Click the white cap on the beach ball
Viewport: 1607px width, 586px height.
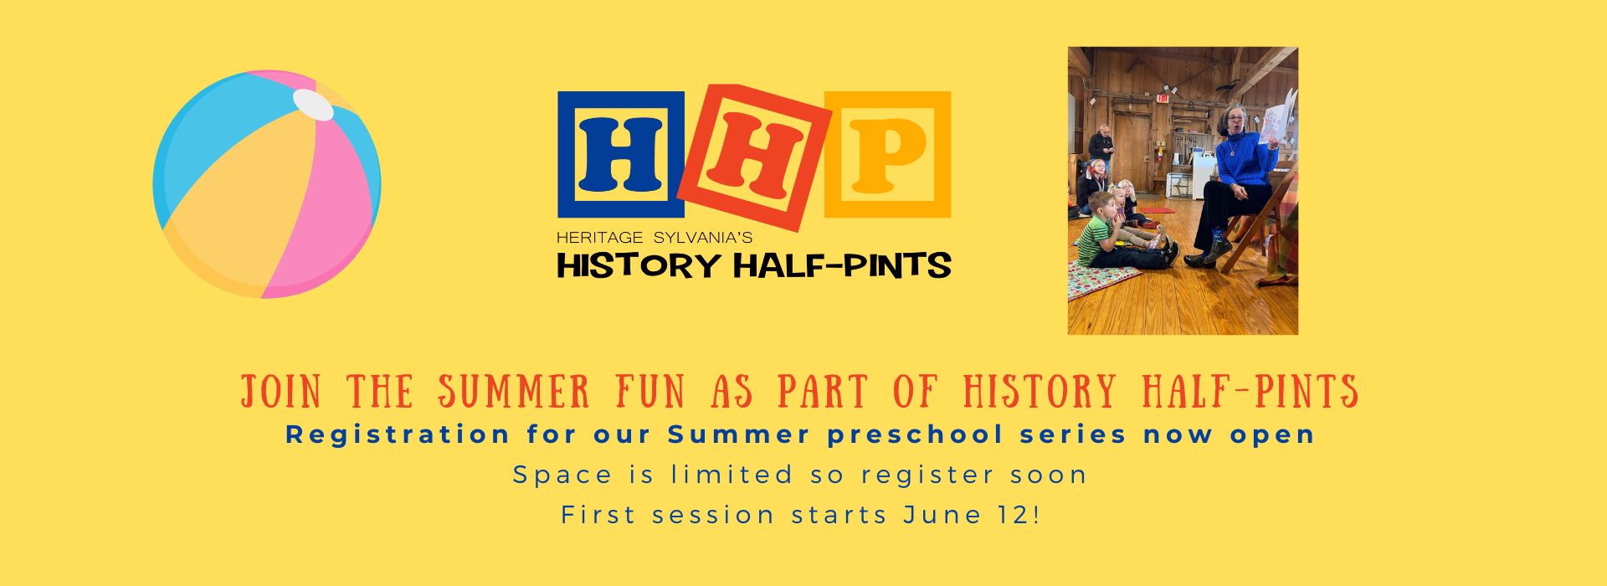tap(313, 105)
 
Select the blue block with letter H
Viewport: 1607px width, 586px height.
tap(621, 154)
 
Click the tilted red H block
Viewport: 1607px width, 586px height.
tap(754, 157)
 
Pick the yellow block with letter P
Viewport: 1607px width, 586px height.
tap(888, 154)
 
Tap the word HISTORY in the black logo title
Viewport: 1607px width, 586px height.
tap(639, 265)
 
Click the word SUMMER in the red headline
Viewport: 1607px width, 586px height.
tap(515, 392)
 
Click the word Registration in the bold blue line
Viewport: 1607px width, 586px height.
tap(398, 435)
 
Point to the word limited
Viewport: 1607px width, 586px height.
tap(732, 475)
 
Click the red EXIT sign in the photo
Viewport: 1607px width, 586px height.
tap(1161, 98)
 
